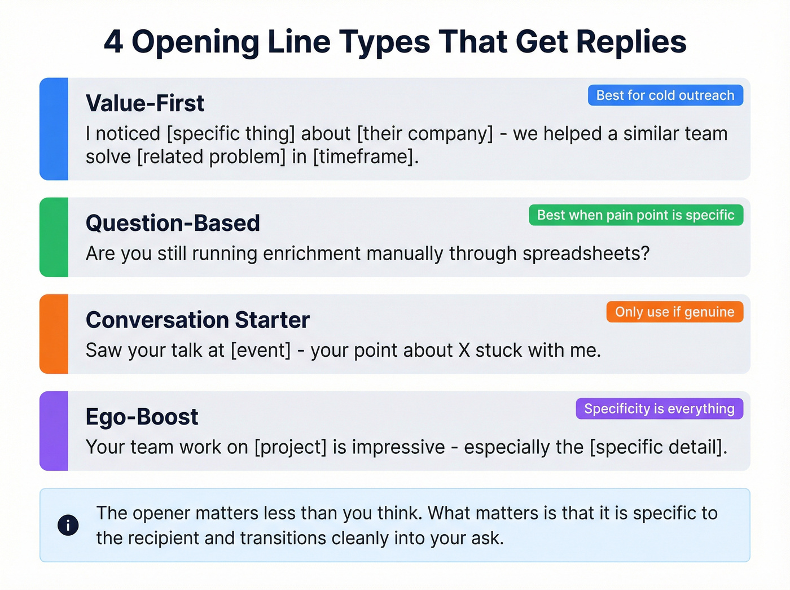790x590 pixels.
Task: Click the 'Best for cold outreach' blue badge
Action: coord(665,95)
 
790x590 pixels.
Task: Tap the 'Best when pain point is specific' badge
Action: coord(635,215)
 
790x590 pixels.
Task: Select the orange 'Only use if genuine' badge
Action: coord(674,312)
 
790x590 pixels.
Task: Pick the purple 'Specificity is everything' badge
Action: coord(659,409)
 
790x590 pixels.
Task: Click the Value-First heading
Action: coord(145,104)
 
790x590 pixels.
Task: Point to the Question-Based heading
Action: coord(173,224)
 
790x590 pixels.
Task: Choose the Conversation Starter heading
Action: coord(197,320)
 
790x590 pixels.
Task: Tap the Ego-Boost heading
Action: coord(142,417)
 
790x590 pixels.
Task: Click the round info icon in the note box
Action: coord(68,526)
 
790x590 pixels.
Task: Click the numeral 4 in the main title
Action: coord(113,42)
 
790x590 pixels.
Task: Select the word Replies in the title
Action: coord(631,42)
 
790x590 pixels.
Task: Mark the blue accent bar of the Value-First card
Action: coord(54,129)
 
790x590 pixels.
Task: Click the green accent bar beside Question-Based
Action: coord(54,237)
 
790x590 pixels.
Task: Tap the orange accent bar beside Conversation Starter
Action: coord(54,334)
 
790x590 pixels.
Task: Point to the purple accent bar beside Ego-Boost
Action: coord(54,431)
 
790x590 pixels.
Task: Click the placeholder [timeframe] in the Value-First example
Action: coord(366,157)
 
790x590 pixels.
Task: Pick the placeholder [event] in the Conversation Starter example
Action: coord(261,351)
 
